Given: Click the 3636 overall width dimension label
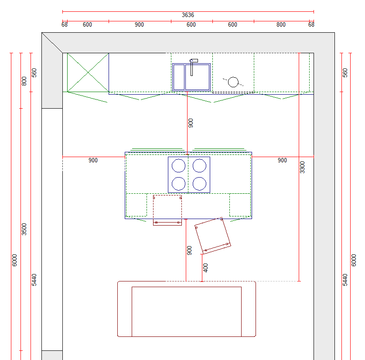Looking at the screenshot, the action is pyautogui.click(x=188, y=15).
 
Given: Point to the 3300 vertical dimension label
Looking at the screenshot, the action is pyautogui.click(x=302, y=167).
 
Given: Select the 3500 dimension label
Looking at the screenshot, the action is pyautogui.click(x=24, y=229).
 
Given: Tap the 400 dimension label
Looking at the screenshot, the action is pyautogui.click(x=205, y=268).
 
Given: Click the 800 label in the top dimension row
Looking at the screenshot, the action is pyautogui.click(x=281, y=25).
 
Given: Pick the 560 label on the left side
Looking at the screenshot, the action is pyautogui.click(x=34, y=72).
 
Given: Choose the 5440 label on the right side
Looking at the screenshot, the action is pyautogui.click(x=345, y=280).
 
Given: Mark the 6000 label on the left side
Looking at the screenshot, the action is pyautogui.click(x=14, y=260).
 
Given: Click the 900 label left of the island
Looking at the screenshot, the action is pyautogui.click(x=93, y=160).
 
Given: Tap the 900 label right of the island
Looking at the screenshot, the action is pyautogui.click(x=282, y=160).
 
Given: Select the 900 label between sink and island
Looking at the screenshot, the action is pyautogui.click(x=191, y=123).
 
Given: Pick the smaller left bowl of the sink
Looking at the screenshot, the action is pyautogui.click(x=179, y=77).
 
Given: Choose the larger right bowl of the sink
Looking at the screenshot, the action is pyautogui.click(x=198, y=77).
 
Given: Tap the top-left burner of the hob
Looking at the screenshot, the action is pyautogui.click(x=178, y=165).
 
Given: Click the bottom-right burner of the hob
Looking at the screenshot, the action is pyautogui.click(x=199, y=184).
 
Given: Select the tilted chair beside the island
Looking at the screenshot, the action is pyautogui.click(x=213, y=236).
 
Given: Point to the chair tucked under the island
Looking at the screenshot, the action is pyautogui.click(x=167, y=210).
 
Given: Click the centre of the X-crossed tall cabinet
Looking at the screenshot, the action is pyautogui.click(x=88, y=72).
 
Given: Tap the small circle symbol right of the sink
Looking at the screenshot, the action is pyautogui.click(x=233, y=82).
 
